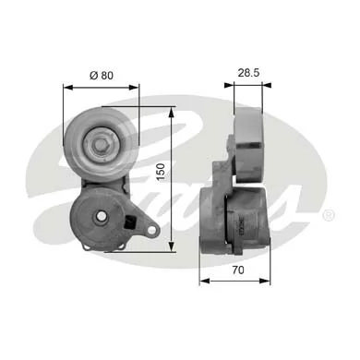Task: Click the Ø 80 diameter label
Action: click(x=102, y=76)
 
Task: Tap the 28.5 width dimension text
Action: click(x=248, y=73)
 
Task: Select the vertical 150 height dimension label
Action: click(x=161, y=172)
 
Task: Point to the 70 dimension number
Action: click(x=238, y=270)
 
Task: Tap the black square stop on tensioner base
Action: click(x=129, y=222)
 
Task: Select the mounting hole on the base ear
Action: click(x=151, y=229)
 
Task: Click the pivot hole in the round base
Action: click(x=101, y=216)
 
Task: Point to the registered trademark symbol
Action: click(x=329, y=215)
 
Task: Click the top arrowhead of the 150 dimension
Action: click(x=172, y=112)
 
